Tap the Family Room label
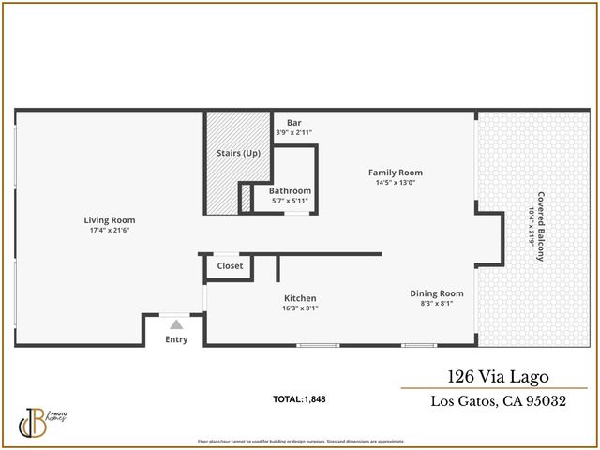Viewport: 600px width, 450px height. tap(395, 172)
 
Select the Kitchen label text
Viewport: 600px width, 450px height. tap(300, 298)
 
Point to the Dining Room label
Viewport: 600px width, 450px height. tap(437, 293)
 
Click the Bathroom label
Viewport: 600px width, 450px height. tap(290, 191)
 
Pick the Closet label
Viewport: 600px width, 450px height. tap(230, 266)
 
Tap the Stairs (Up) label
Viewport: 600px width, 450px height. tap(238, 153)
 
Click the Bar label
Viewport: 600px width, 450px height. tap(293, 123)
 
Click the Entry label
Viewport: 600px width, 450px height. tap(176, 339)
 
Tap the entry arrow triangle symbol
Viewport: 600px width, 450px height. tap(175, 324)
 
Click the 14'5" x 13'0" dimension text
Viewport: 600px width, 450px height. tap(395, 183)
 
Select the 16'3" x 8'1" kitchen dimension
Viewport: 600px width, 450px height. tap(300, 308)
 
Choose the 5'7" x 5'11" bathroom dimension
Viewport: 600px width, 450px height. tap(290, 201)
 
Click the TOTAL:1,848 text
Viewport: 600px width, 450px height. tap(299, 399)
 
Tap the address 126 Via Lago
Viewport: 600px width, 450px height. tap(493, 377)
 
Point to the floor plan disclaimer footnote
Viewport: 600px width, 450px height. tap(301, 441)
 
